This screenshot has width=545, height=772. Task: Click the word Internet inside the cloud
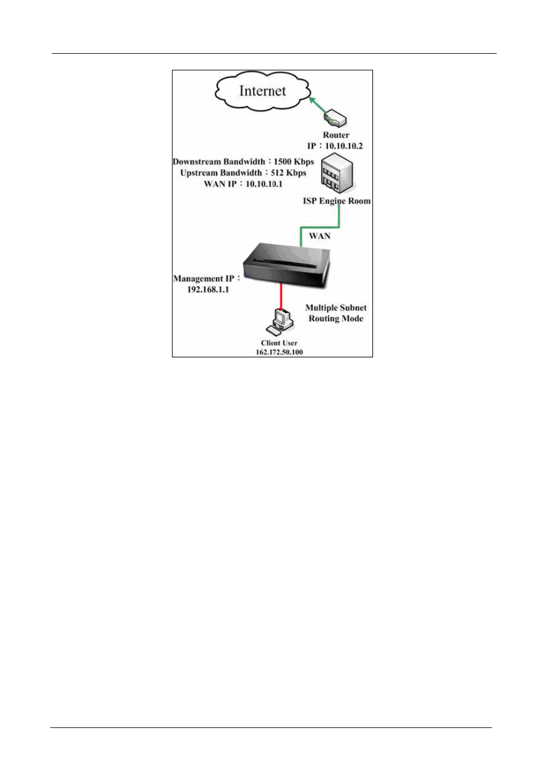pos(262,91)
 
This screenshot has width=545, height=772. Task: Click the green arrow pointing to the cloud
pos(317,105)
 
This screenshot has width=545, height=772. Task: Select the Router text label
pos(336,135)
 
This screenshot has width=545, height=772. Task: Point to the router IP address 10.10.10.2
pos(343,146)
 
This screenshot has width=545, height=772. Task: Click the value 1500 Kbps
pos(294,162)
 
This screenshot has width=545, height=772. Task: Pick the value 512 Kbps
pos(288,173)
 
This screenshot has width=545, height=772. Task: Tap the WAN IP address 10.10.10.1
pos(264,184)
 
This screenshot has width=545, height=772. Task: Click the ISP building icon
pos(336,174)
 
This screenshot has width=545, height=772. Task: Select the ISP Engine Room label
pos(336,201)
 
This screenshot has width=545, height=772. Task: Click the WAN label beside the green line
pos(319,236)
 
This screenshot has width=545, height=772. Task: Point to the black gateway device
pos(285,265)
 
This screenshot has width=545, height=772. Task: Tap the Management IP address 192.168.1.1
pos(208,289)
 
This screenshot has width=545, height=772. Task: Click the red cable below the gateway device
pos(281,295)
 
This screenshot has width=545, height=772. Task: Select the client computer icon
pos(280,321)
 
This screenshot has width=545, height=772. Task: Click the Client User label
pos(279,343)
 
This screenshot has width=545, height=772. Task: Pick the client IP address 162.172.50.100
pos(279,352)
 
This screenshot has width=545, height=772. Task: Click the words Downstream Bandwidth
pos(219,162)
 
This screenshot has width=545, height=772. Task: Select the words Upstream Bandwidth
pos(221,173)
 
